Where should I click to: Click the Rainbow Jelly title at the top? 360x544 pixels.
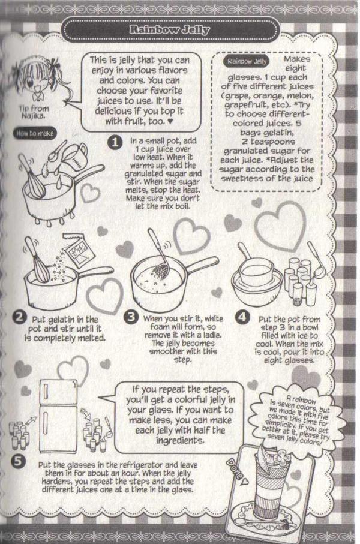point(169,29)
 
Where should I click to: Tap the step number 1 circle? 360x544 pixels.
point(115,142)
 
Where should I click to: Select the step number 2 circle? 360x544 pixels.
point(19,318)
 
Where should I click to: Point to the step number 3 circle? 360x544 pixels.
point(131,317)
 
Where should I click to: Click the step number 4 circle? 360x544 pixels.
point(242,317)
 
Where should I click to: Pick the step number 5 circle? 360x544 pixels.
point(18,461)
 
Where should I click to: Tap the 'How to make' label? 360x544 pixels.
point(35,133)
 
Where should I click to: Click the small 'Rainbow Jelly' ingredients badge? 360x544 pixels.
point(247,62)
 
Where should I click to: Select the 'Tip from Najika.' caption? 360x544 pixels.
point(34,112)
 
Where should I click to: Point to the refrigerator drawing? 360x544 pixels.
point(58,416)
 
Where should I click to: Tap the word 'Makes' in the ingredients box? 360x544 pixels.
point(297,59)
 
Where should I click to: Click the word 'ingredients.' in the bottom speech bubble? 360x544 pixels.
point(179,440)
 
